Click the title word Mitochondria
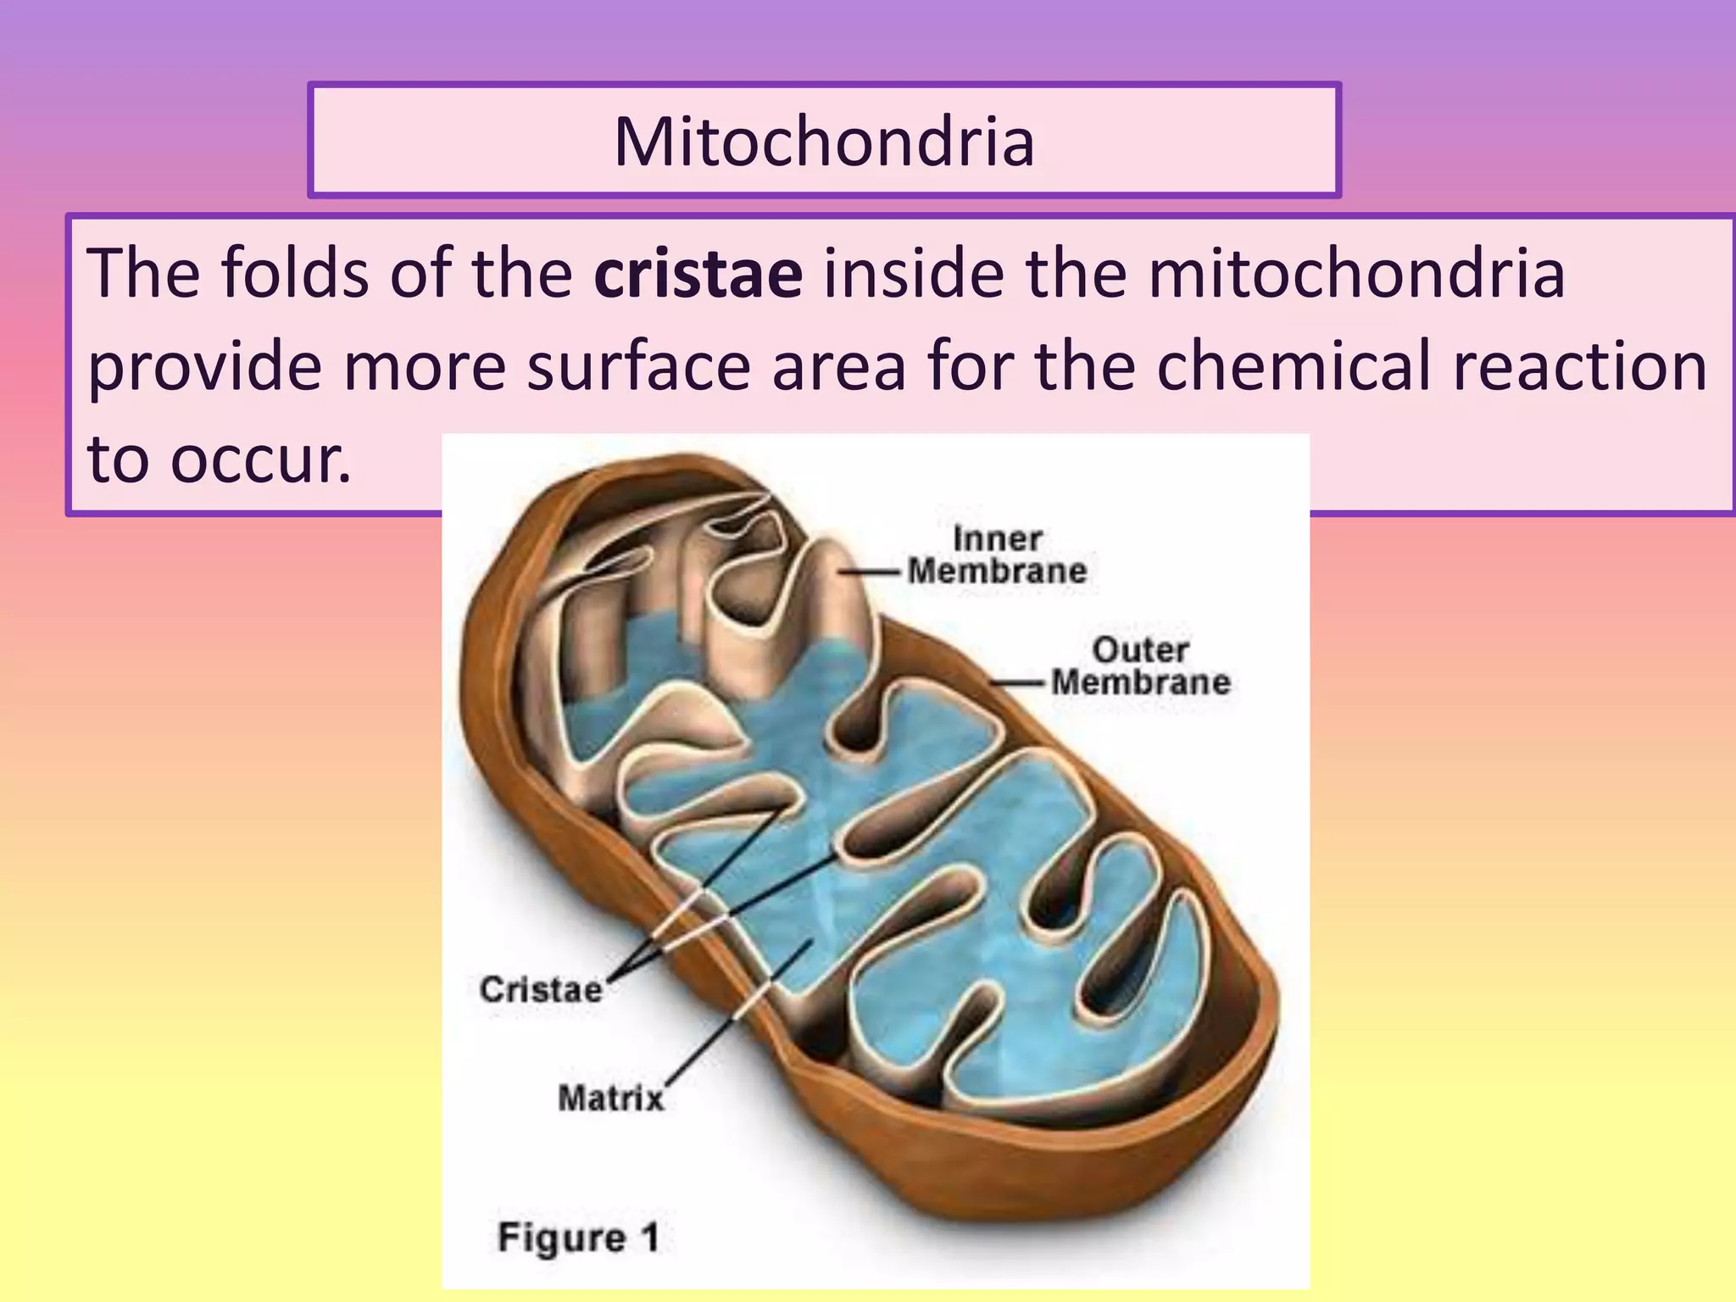click(824, 141)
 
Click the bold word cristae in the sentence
click(698, 273)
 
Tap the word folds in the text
click(295, 273)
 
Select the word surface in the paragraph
click(638, 366)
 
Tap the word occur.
click(260, 459)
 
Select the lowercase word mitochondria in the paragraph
click(1356, 273)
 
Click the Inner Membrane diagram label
click(997, 555)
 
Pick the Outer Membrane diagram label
click(1140, 666)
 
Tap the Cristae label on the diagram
click(541, 989)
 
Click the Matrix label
click(610, 1099)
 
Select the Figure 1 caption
click(578, 1238)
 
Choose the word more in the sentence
click(424, 366)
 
